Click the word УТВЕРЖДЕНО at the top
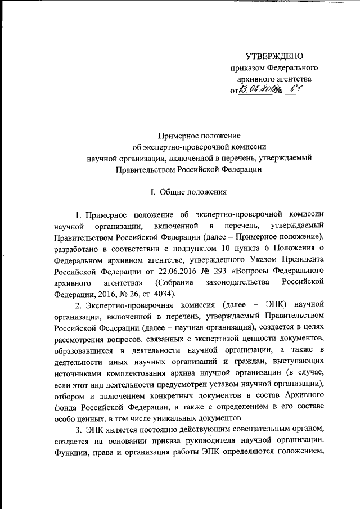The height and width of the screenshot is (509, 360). [275, 56]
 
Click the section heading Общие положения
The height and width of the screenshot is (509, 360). [193, 192]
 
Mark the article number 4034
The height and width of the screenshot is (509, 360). [165, 294]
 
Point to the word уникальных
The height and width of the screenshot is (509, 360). [163, 417]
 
